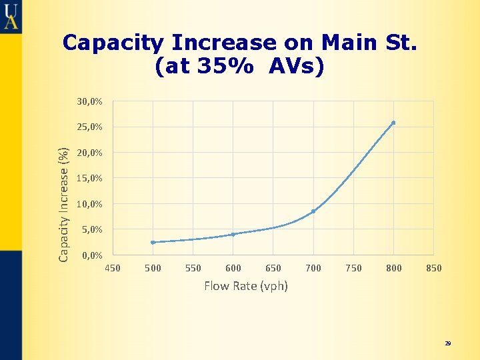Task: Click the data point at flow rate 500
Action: point(153,242)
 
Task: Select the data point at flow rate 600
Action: point(233,234)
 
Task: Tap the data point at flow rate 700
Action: point(313,211)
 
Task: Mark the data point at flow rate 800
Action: point(393,123)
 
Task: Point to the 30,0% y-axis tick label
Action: point(89,101)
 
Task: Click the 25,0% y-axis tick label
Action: point(89,127)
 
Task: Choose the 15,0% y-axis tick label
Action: point(89,178)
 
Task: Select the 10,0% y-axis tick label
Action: point(89,204)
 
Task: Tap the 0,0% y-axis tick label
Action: point(91,255)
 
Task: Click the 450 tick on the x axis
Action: point(113,268)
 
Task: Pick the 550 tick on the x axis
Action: point(193,268)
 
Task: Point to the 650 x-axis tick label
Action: point(273,268)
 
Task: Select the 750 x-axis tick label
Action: point(353,268)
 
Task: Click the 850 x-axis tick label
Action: point(433,268)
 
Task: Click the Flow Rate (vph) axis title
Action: point(246,286)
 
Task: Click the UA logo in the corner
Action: point(11,16)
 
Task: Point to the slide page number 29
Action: point(448,343)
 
